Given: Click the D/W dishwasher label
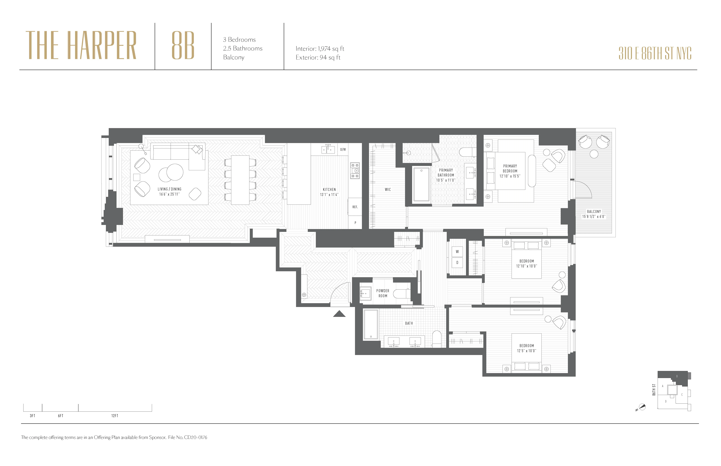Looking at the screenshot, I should pos(343,150).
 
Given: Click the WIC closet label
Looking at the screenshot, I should pos(388,189).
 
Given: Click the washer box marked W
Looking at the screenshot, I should pos(457,251).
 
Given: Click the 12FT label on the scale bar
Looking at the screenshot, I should pos(115,416).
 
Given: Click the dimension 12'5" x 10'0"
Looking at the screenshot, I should pos(526,351).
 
